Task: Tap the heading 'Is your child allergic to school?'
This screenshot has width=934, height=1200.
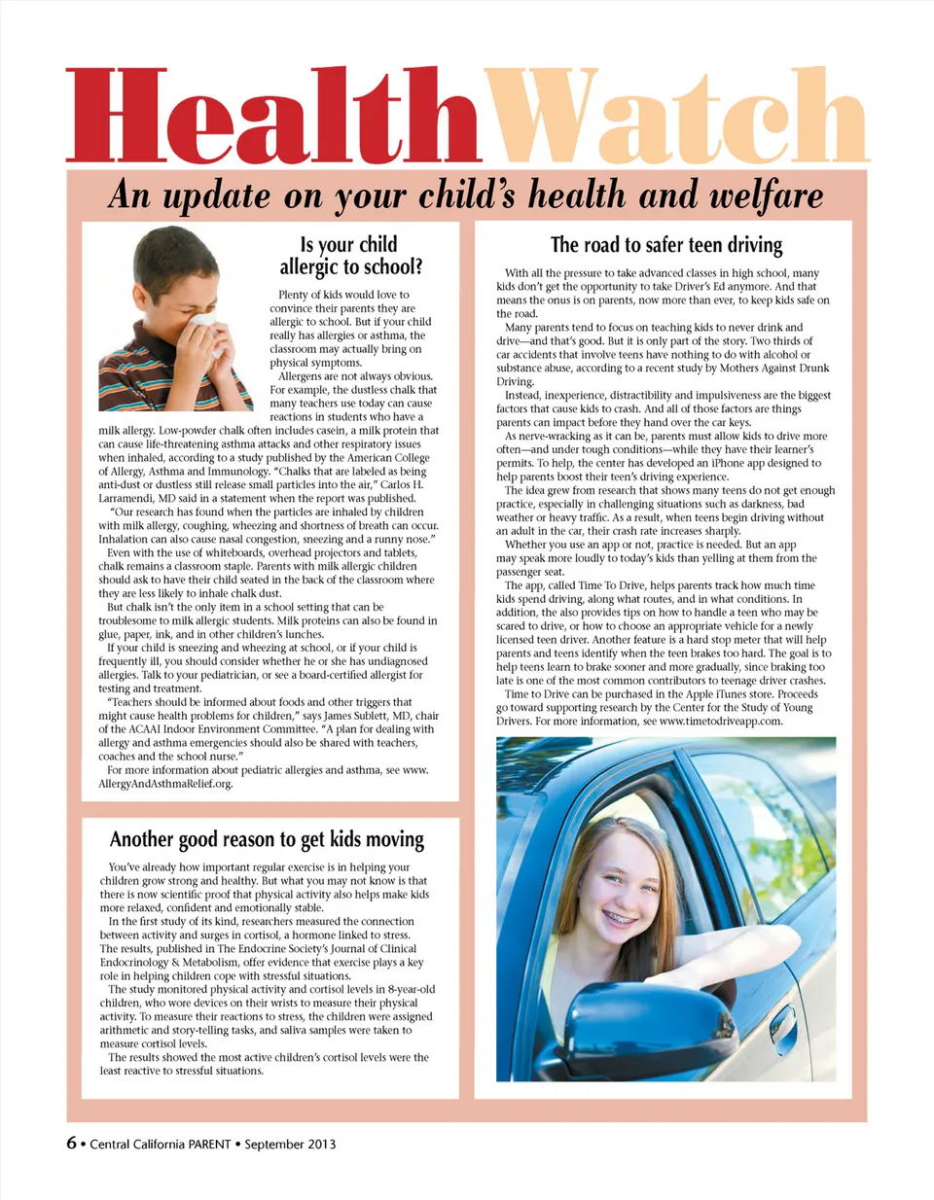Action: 350,256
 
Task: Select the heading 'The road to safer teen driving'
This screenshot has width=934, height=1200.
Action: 666,245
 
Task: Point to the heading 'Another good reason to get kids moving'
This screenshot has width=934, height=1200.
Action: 267,839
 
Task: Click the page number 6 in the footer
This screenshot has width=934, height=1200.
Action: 71,1143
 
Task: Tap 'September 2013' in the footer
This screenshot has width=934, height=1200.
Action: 290,1145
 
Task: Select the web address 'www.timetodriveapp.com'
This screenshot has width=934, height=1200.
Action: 721,722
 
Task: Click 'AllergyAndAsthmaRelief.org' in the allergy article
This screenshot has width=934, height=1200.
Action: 165,784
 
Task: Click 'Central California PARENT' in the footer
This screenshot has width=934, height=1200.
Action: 161,1145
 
